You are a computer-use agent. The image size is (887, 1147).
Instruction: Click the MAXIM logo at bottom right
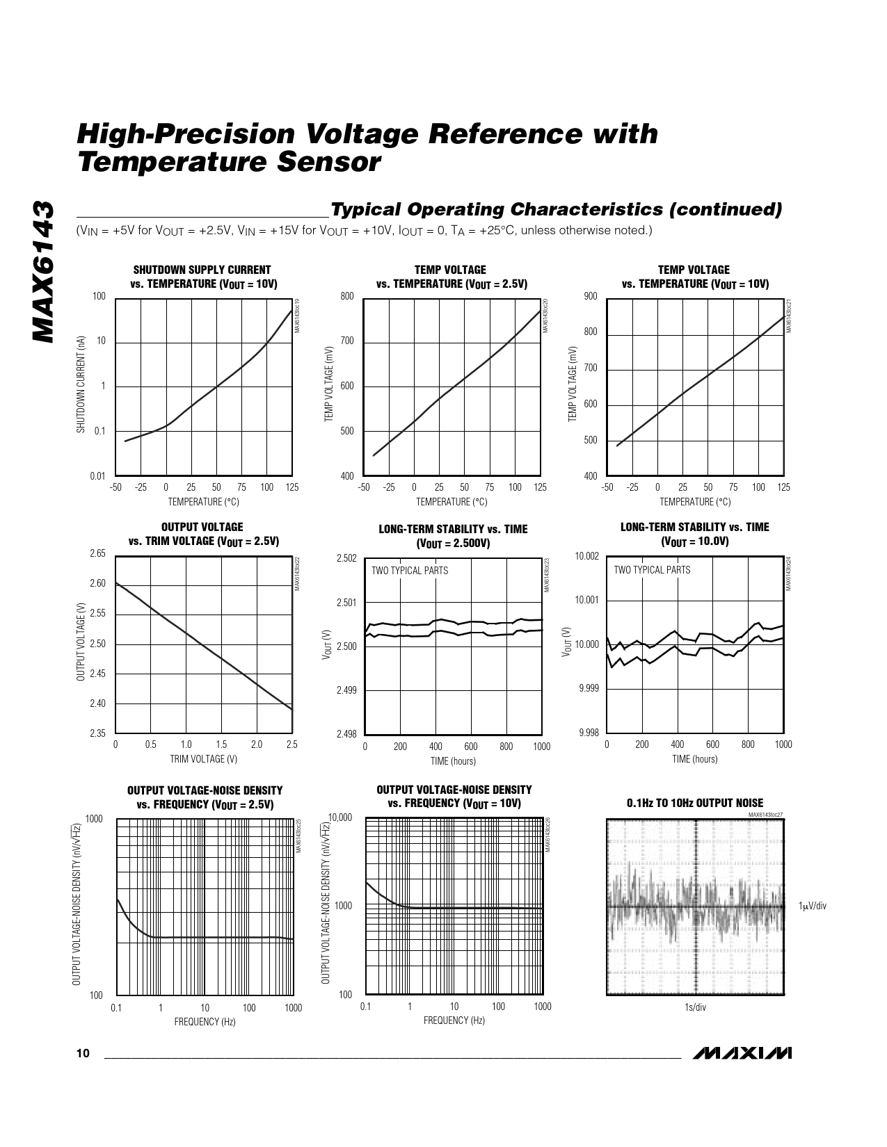(742, 1053)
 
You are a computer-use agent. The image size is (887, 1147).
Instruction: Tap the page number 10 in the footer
(83, 1054)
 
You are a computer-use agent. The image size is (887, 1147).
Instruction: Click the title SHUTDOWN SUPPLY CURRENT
(202, 270)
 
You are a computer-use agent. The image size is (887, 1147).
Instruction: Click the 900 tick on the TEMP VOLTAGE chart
(591, 297)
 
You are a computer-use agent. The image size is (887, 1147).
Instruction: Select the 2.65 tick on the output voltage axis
(97, 554)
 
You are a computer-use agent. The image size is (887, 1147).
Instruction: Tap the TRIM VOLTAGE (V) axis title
(203, 759)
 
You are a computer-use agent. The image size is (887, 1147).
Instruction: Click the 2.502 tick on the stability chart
(346, 558)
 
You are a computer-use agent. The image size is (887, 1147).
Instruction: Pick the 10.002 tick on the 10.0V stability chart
(587, 556)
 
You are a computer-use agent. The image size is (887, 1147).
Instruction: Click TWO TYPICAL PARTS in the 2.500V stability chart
(410, 571)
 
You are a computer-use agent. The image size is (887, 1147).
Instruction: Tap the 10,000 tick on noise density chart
(340, 817)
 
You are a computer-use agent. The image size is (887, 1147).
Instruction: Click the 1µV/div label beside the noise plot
(813, 906)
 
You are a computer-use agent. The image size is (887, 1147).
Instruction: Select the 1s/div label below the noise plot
(695, 1008)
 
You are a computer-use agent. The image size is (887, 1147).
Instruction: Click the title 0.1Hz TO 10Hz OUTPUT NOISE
(695, 803)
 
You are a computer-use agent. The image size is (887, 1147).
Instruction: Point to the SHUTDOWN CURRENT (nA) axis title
(81, 385)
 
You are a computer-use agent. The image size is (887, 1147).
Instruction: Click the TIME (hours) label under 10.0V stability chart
(694, 759)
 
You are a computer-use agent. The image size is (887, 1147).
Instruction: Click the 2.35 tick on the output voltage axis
(97, 733)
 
